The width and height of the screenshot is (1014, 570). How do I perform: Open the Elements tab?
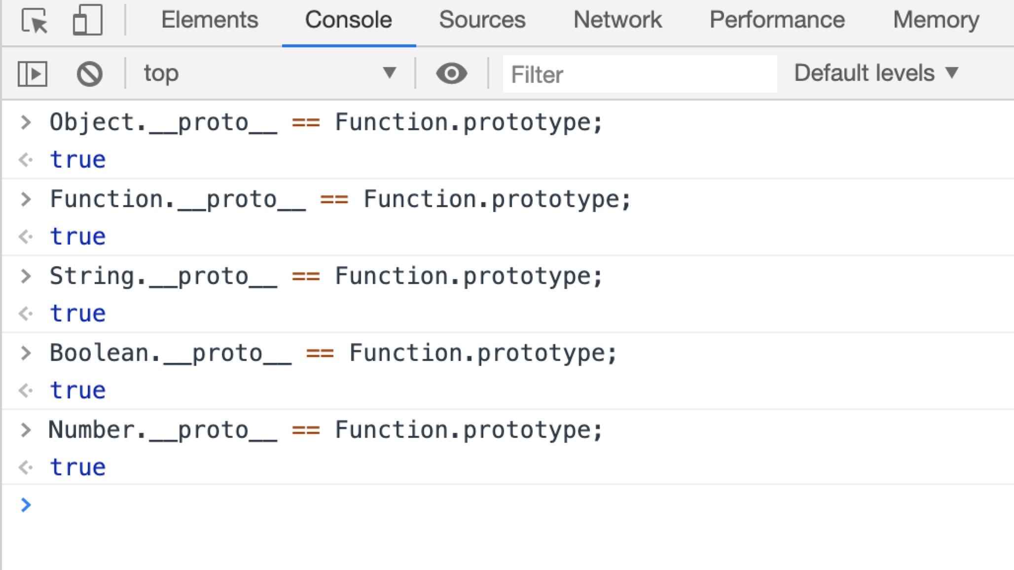pos(210,20)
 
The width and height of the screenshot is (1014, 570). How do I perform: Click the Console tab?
pos(348,20)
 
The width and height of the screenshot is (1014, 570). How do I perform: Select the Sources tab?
pos(482,20)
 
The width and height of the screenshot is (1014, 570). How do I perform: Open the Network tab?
pos(617,20)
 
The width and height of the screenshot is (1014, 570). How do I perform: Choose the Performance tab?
pos(777,20)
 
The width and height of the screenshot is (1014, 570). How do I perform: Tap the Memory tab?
pos(936,20)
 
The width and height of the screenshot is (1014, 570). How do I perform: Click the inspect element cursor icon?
pos(35,21)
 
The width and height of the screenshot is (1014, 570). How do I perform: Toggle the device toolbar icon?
pos(87,21)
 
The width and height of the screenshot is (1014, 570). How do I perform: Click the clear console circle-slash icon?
pos(89,74)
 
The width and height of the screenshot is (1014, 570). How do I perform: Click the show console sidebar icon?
pos(33,74)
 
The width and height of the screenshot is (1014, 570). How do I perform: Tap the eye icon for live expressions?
pos(451,74)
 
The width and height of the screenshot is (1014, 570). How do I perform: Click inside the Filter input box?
pos(639,74)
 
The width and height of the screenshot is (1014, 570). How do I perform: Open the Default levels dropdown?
pos(876,73)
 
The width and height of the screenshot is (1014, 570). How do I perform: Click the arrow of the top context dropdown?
pos(390,73)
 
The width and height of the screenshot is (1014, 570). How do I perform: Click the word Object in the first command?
pos(92,122)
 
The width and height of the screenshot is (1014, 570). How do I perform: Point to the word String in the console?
pos(92,276)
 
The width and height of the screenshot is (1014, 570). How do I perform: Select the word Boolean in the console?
pos(99,353)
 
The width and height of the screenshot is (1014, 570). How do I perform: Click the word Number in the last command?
pos(92,430)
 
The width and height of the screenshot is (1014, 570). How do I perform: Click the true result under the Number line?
pos(78,467)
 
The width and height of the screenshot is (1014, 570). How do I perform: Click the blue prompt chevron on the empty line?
pos(26,504)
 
